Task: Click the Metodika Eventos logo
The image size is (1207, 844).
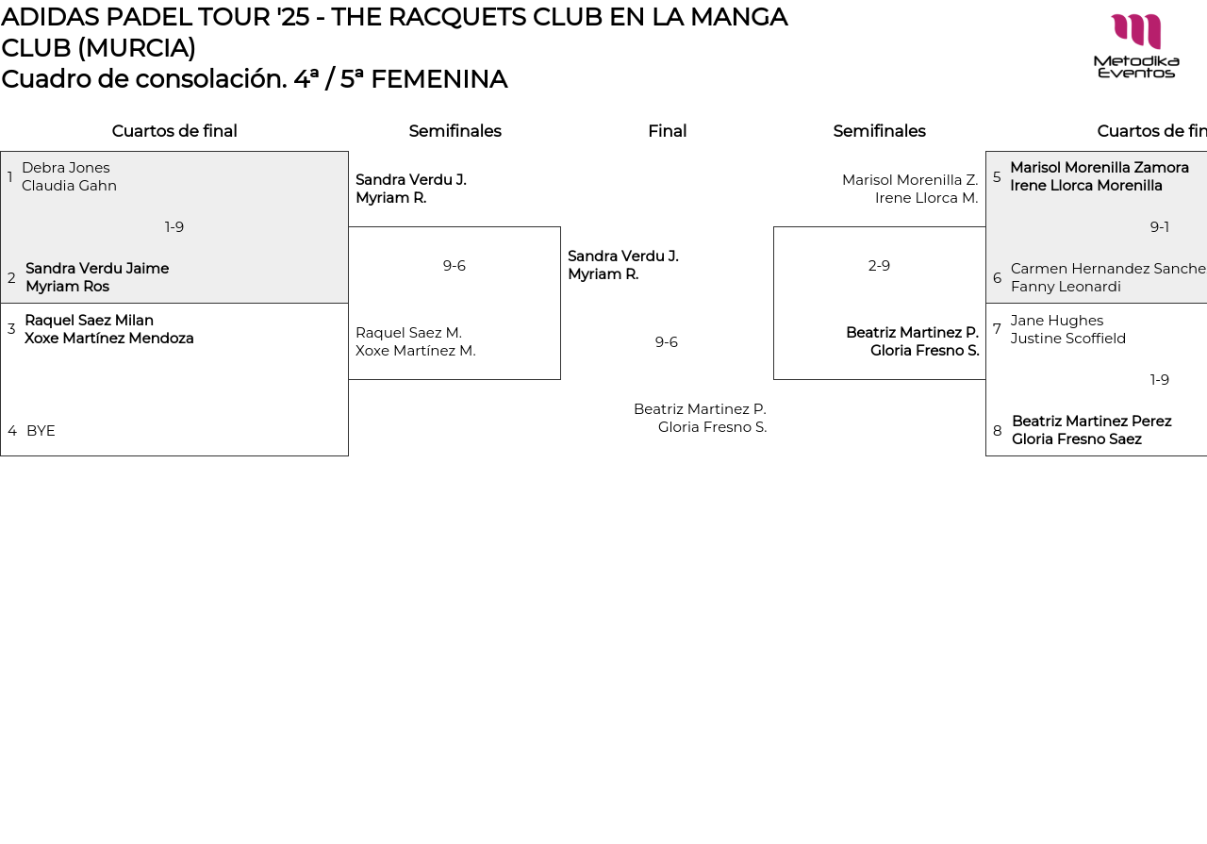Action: (x=1135, y=45)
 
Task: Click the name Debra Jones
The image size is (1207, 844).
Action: (x=66, y=168)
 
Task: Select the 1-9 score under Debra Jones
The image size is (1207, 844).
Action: (x=174, y=227)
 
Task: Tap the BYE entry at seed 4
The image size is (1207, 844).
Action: (x=41, y=431)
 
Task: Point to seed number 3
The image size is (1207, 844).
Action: (x=11, y=329)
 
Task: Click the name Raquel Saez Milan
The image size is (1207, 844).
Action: (x=89, y=321)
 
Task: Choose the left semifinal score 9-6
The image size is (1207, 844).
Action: (x=455, y=266)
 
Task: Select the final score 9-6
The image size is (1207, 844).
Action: (x=667, y=342)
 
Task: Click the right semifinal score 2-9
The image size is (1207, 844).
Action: (x=879, y=266)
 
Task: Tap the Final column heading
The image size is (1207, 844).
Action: (x=667, y=131)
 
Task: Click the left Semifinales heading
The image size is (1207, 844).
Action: (x=455, y=131)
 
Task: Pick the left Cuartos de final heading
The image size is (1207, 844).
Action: (x=174, y=131)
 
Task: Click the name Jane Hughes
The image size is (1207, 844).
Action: (x=1057, y=321)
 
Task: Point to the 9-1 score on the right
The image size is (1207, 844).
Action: (x=1160, y=227)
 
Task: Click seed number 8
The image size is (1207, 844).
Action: (x=998, y=431)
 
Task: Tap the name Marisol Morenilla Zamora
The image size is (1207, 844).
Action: (x=1100, y=168)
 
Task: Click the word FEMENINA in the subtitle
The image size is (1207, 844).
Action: (x=438, y=79)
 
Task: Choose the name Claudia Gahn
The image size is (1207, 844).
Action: (x=69, y=186)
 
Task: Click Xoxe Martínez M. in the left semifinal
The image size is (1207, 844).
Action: (x=416, y=351)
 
